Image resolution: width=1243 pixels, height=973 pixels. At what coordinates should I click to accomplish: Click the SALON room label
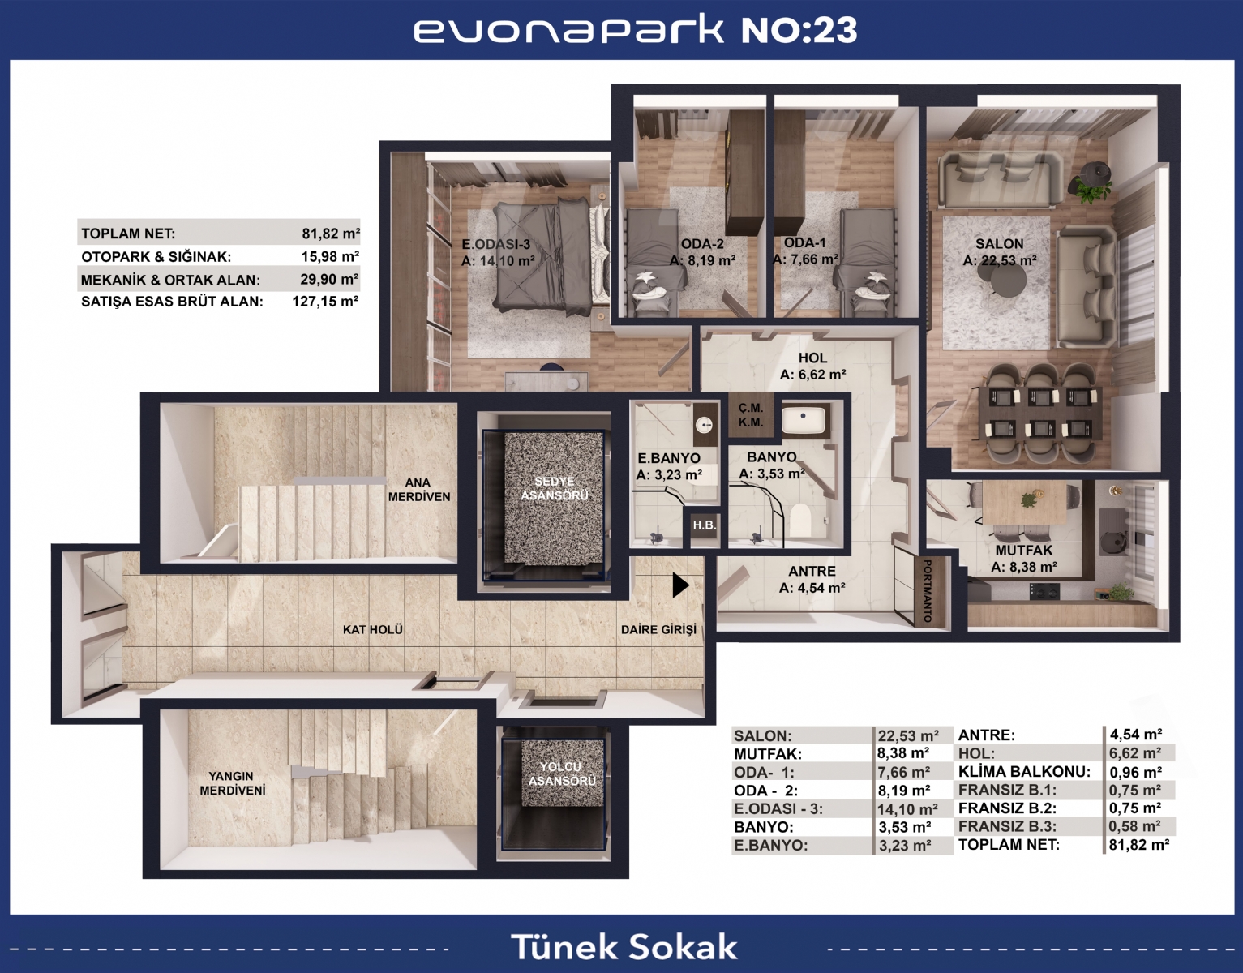click(999, 244)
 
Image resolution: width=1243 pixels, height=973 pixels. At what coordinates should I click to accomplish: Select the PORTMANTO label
click(928, 591)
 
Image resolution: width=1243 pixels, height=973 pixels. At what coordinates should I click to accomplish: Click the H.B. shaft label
click(704, 525)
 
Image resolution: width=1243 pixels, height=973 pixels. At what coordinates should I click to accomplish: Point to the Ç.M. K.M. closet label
click(751, 415)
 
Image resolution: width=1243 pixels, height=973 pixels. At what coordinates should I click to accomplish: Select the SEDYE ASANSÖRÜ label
click(555, 488)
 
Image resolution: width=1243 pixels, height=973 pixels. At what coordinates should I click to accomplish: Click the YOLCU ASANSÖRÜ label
click(561, 774)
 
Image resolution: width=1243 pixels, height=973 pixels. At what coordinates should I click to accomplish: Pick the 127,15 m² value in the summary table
click(325, 302)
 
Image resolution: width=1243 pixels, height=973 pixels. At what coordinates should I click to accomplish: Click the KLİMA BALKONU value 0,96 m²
click(1135, 772)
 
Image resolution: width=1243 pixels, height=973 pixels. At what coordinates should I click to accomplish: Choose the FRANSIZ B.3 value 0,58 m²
click(1135, 826)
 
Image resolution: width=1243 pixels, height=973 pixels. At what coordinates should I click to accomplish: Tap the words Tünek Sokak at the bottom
click(624, 947)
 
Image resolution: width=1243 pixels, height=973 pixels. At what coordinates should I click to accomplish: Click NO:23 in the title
click(799, 30)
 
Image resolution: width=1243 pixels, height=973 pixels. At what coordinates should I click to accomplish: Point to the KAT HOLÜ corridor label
click(372, 630)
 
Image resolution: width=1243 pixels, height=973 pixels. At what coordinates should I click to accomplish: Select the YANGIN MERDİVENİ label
click(232, 783)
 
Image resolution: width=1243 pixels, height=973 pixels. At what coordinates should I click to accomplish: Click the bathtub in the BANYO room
click(804, 420)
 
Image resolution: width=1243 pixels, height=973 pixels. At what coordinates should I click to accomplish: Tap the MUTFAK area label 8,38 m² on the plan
click(1024, 567)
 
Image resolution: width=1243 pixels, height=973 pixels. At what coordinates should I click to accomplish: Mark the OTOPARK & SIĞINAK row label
click(156, 257)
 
